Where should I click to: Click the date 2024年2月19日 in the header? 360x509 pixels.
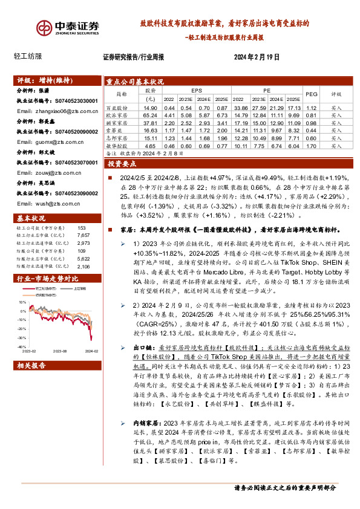(257, 57)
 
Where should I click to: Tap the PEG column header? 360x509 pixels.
(312, 94)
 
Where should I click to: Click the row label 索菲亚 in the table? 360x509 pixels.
(121, 130)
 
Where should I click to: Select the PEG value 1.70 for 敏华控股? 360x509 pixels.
(312, 146)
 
